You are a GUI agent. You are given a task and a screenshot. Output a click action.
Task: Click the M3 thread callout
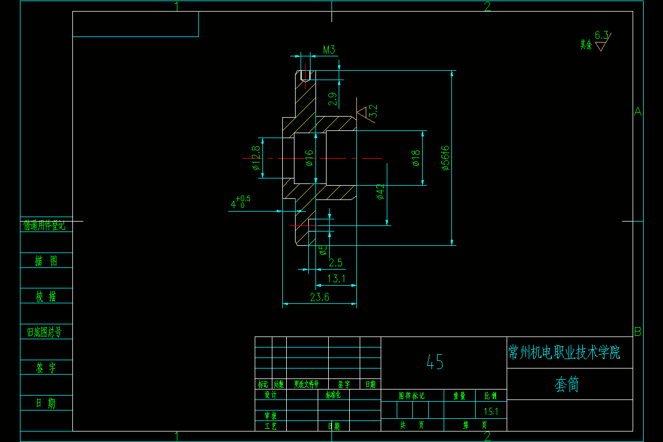point(329,50)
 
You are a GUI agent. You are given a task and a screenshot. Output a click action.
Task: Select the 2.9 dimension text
point(332,99)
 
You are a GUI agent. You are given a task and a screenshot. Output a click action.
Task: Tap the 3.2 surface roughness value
point(373,111)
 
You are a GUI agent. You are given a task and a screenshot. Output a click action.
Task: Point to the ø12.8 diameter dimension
point(256,158)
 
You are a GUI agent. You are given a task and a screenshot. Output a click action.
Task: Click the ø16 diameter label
point(309,157)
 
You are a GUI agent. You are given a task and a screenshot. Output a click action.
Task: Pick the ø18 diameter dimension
point(416,157)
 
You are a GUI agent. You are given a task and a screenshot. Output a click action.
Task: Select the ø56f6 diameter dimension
point(446,157)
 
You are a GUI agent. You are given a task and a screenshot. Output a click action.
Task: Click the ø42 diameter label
point(380,192)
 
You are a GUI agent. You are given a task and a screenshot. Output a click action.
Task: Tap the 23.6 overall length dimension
point(319,297)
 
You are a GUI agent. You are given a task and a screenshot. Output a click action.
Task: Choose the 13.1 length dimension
point(336,279)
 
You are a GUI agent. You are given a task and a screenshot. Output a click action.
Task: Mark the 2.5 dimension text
point(336,262)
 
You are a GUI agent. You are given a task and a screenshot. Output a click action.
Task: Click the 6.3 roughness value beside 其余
point(602,36)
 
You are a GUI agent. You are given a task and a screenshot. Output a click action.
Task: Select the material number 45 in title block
point(435,362)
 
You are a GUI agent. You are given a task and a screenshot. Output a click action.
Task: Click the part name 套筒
point(567,385)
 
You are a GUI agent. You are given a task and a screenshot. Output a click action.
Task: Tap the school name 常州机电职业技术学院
point(564,352)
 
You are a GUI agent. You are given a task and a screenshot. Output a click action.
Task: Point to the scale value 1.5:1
point(491,412)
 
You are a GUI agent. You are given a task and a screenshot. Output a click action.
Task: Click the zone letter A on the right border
point(638,112)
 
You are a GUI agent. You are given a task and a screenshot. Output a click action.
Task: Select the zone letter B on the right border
point(638,332)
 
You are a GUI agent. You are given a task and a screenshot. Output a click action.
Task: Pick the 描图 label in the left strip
point(46,261)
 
